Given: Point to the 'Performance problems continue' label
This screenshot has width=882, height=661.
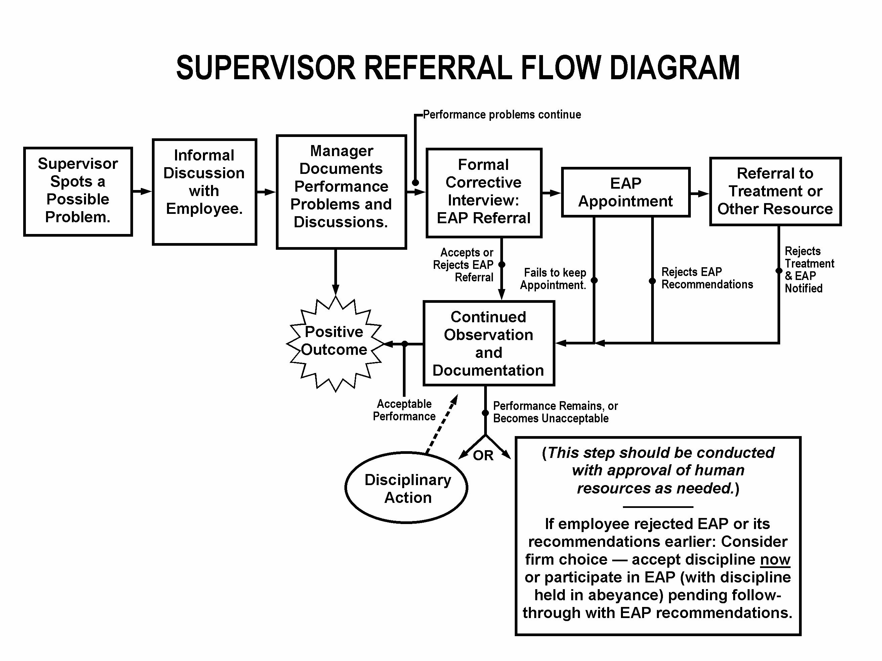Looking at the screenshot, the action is click(x=502, y=115).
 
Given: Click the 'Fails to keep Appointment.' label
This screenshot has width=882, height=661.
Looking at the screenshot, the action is click(x=553, y=279).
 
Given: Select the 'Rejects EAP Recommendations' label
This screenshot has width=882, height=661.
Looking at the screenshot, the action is click(x=707, y=278).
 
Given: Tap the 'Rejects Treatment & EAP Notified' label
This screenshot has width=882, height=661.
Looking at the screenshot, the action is click(x=809, y=270).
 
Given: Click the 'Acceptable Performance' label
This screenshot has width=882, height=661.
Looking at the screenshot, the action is click(x=404, y=410).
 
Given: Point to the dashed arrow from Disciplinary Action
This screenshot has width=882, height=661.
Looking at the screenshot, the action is click(x=442, y=424).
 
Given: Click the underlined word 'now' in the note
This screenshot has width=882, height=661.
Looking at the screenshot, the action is click(x=775, y=559).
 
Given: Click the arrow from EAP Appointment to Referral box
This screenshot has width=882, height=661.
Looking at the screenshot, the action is click(x=700, y=194).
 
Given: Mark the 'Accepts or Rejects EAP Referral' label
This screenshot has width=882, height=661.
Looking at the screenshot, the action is click(x=463, y=265).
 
